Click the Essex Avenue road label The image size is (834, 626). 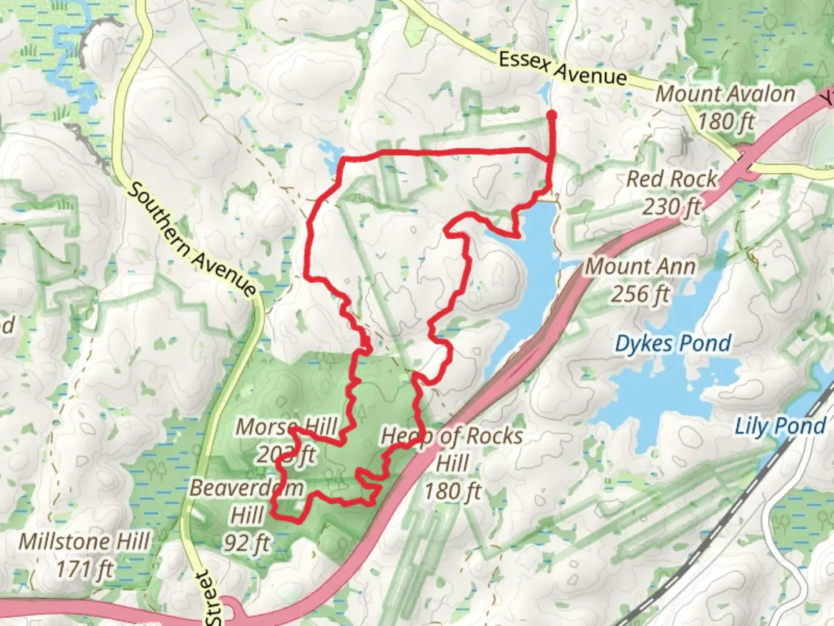(562, 68)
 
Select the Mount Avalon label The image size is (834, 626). (725, 94)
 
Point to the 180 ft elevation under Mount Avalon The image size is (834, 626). (726, 122)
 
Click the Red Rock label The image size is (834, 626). (672, 179)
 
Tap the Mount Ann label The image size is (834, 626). (641, 267)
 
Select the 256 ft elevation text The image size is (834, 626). (641, 294)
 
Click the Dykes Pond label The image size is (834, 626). (672, 344)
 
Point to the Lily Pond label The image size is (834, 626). (780, 426)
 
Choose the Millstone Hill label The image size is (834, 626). (85, 542)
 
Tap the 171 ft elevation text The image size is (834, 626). (85, 569)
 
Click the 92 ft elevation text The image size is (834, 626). (247, 543)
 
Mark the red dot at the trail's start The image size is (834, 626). (551, 115)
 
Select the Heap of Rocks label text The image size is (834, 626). (452, 436)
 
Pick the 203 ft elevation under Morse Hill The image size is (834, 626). (286, 455)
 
